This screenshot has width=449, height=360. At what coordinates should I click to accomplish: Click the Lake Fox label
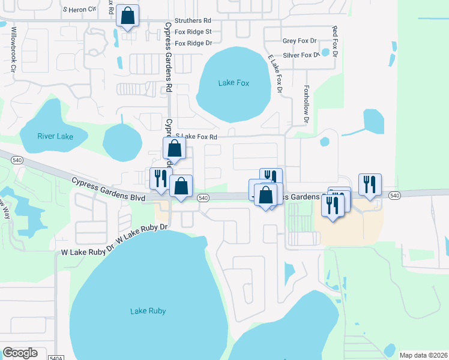pos(234,83)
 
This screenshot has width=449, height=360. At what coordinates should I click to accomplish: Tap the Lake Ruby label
pos(148,311)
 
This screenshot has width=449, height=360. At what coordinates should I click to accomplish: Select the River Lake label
pos(55,136)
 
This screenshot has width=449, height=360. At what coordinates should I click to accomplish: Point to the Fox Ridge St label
pos(193,31)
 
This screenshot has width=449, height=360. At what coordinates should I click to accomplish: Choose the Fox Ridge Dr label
pos(193,43)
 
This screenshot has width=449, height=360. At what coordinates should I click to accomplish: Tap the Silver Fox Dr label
pos(301,55)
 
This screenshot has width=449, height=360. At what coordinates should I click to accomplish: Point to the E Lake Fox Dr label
pos(276,74)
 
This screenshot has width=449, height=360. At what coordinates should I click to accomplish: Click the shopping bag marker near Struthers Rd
pos(128,16)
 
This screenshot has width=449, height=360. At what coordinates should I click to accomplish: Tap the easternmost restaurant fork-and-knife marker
pos(370,184)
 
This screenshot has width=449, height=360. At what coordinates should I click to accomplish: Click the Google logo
pos(20,353)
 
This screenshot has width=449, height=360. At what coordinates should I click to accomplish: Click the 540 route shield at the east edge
pos(394,196)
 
